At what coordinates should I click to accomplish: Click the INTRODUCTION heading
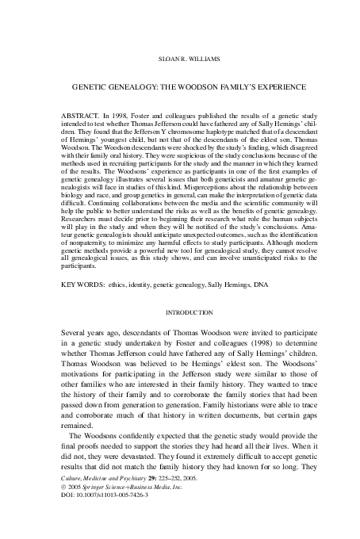(x=179, y=313)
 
